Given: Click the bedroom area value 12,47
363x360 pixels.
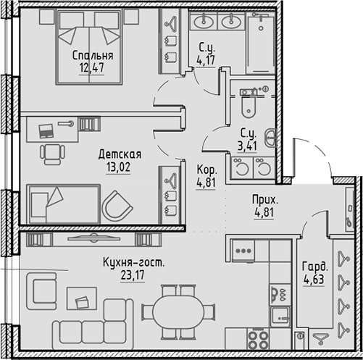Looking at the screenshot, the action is pos(92,67).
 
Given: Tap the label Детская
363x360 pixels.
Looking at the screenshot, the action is pos(120,154).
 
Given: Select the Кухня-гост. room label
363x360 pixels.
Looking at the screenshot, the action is pos(133,263).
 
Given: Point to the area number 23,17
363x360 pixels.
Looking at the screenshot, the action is pos(133,275).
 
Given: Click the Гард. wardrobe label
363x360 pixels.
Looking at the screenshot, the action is pos(314,267).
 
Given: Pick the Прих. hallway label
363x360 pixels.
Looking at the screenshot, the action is pos(264,200).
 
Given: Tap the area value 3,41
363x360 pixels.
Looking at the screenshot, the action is pos(247,146).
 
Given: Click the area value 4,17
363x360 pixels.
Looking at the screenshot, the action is pos(206,60).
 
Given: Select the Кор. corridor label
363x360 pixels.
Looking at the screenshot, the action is pos(207,170).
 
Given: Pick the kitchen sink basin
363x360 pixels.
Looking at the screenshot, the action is pos(280,317).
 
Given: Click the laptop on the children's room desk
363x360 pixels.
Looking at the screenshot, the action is pos(46,131).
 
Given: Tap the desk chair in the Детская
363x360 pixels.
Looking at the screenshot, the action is pos(52,154).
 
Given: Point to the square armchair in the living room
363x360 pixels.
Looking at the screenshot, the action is pos(41,291).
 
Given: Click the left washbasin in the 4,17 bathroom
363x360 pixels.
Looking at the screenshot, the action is pos(204,22).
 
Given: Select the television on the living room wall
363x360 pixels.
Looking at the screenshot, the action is pos(93,238).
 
